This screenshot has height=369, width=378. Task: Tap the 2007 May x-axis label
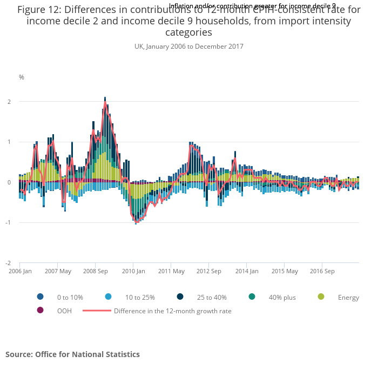[58, 271]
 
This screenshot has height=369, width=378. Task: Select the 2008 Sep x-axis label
[95, 271]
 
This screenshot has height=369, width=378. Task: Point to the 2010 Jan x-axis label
[133, 271]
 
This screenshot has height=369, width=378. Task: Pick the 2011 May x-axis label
[172, 271]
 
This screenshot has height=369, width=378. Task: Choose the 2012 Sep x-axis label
[209, 271]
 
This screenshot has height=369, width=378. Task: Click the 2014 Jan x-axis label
[247, 271]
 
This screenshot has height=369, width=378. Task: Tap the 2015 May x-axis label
[285, 271]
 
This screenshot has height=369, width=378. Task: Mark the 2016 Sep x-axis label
[322, 271]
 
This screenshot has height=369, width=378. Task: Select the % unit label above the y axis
[22, 77]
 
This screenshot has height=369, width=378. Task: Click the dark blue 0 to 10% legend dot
[40, 296]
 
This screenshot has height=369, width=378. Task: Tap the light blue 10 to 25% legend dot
[108, 296]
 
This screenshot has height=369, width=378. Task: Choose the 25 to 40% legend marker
[180, 296]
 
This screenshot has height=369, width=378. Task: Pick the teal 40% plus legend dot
[252, 296]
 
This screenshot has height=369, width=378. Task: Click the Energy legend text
[348, 297]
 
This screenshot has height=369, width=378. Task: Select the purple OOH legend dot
[40, 311]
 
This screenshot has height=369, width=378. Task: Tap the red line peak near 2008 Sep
[105, 102]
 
